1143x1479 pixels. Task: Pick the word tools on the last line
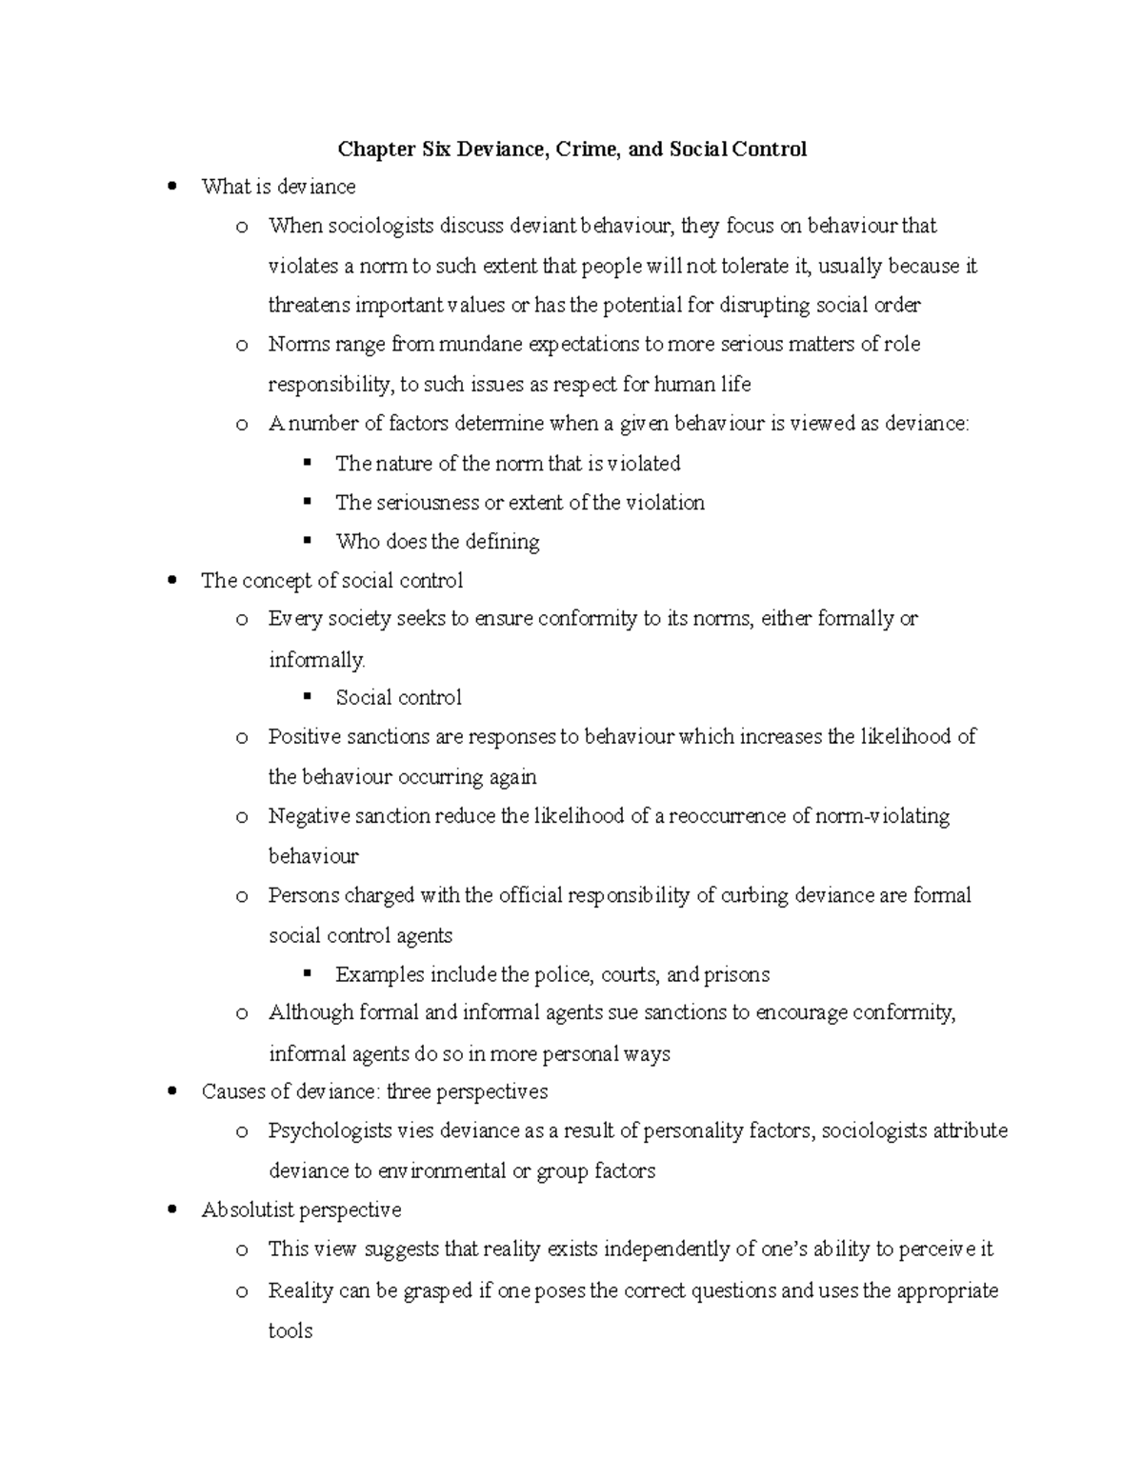coord(291,1330)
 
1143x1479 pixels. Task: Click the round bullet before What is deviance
coord(171,187)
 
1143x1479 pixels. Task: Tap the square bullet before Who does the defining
coord(307,541)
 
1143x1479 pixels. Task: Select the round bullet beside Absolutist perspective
coord(171,1210)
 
